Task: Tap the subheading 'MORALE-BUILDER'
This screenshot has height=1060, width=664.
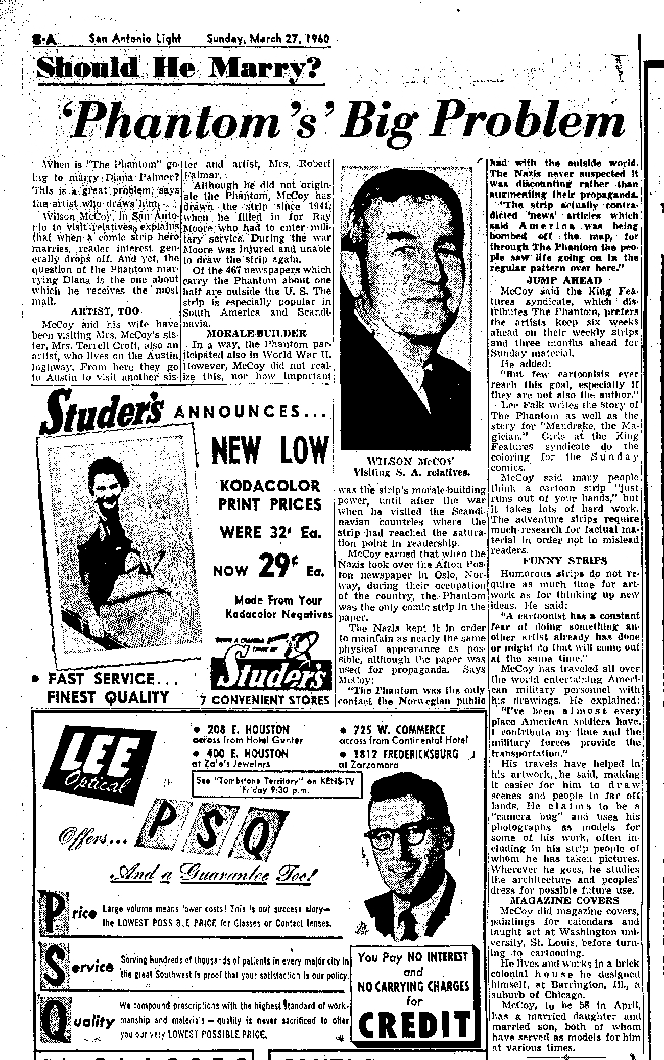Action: pyautogui.click(x=255, y=333)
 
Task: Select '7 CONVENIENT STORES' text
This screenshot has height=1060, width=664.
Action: pyautogui.click(x=265, y=700)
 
